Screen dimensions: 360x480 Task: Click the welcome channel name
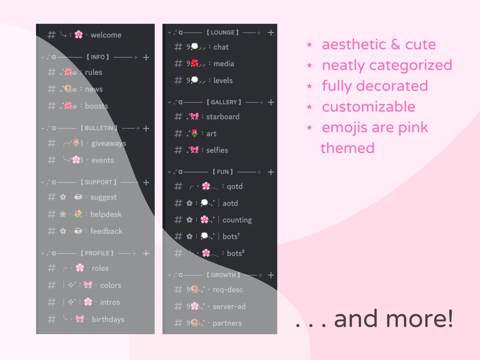106,35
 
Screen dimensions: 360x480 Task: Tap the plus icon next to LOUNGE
271,32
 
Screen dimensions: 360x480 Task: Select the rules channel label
93,72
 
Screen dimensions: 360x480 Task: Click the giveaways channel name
109,144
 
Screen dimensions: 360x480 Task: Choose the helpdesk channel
106,214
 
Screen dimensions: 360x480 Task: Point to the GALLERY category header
224,102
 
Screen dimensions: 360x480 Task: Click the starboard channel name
223,117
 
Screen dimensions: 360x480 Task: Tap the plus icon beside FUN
271,172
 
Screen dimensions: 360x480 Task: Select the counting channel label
237,220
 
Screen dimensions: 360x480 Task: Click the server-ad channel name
229,307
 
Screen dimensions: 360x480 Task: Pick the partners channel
227,323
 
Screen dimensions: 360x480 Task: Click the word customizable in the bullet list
368,107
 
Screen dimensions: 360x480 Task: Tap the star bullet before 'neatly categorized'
309,65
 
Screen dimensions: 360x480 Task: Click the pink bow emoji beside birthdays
80,319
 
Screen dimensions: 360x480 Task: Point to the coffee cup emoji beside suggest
78,197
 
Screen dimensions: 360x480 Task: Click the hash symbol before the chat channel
178,47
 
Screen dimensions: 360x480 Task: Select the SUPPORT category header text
98,182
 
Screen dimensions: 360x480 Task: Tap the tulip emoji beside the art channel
194,133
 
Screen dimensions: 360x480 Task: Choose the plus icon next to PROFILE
146,253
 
